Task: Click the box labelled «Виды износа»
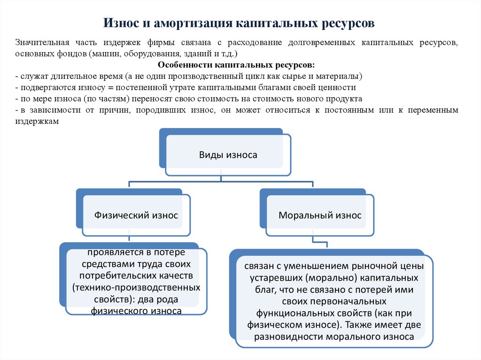[228, 155]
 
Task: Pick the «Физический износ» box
[136, 215]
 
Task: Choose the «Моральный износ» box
[320, 215]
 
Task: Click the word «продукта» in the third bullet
[347, 99]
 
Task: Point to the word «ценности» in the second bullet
[339, 87]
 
